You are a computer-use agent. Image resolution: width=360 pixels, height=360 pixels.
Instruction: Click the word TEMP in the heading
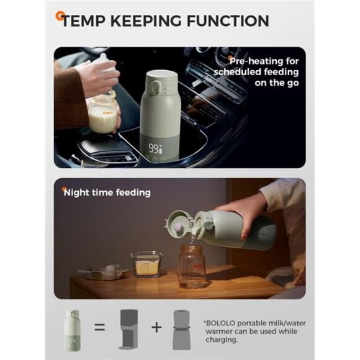point(84,21)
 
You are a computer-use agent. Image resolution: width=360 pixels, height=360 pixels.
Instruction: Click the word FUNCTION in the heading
point(228,21)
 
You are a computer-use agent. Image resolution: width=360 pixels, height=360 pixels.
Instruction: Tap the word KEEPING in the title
point(146,21)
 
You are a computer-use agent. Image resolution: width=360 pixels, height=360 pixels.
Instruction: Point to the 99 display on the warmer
point(154,148)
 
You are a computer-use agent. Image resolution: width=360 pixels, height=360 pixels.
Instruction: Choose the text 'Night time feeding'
point(107,192)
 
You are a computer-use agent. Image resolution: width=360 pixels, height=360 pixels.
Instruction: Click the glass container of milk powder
point(146,264)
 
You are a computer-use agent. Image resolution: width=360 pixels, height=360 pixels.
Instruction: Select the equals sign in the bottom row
point(100,327)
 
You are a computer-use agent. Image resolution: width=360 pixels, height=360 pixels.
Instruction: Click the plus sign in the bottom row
point(156,327)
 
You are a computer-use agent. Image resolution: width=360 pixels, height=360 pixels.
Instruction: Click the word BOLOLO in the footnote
point(220,323)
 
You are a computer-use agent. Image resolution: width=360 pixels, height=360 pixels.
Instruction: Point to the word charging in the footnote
point(222,340)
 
